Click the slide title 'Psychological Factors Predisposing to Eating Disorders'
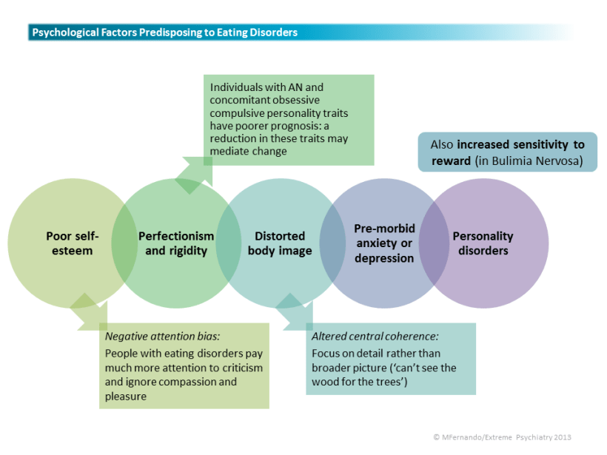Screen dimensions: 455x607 point(164,33)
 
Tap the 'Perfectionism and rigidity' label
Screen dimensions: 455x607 point(176,243)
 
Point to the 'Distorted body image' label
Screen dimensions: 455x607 point(280,243)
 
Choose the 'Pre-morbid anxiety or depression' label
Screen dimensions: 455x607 point(384,243)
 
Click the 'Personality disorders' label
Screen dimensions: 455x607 point(483,243)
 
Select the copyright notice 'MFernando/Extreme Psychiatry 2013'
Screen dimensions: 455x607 point(506,437)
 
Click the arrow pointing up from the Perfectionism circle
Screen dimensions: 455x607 point(195,172)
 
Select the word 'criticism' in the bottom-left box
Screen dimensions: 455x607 point(240,368)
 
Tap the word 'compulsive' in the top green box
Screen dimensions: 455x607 point(235,113)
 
